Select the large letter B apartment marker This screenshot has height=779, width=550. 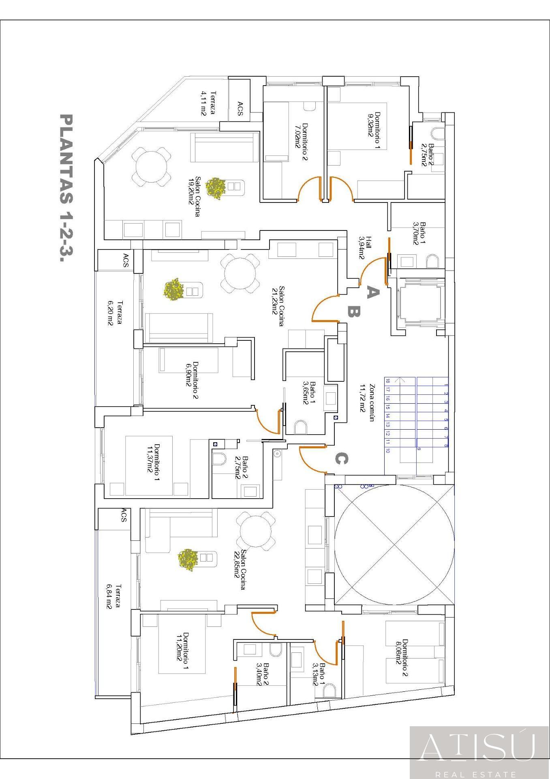pos(353,312)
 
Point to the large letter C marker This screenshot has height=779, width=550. pos(341,459)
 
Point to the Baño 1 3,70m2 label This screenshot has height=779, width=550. pos(419,233)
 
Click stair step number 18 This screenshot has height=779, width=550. pos(388,381)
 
